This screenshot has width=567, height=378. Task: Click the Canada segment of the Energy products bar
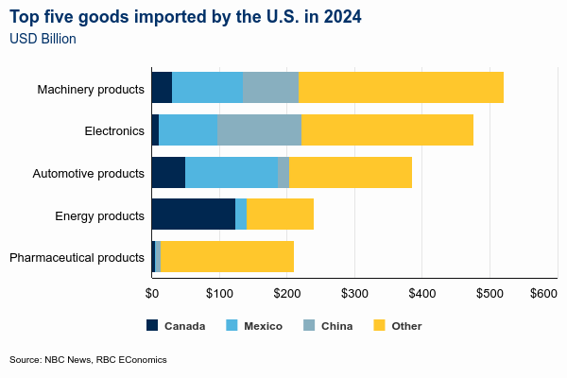pyautogui.click(x=193, y=215)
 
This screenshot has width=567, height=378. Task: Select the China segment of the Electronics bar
pyautogui.click(x=259, y=129)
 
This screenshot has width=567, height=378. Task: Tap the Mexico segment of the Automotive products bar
pyautogui.click(x=232, y=173)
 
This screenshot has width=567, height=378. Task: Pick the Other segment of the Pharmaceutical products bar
pyautogui.click(x=227, y=256)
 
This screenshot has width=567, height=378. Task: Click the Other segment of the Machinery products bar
pyautogui.click(x=401, y=87)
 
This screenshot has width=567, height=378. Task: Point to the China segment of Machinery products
pyautogui.click(x=270, y=87)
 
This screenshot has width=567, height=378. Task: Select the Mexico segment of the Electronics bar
pyautogui.click(x=188, y=129)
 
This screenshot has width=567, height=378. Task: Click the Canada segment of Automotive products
pyautogui.click(x=168, y=173)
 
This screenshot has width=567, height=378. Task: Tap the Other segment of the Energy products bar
pyautogui.click(x=280, y=215)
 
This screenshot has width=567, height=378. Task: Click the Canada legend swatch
pyautogui.click(x=153, y=326)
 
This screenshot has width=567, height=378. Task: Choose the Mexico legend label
pyautogui.click(x=263, y=326)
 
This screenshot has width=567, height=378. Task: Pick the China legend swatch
pyautogui.click(x=308, y=326)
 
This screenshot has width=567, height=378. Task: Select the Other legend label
pyautogui.click(x=406, y=326)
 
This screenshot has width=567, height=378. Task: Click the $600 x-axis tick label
pyautogui.click(x=543, y=294)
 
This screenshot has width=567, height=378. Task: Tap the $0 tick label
pyautogui.click(x=151, y=294)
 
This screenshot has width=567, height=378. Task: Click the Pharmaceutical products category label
pyautogui.click(x=77, y=257)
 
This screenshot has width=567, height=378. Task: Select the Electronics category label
pyautogui.click(x=114, y=130)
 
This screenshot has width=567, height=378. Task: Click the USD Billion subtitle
pyautogui.click(x=43, y=39)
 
